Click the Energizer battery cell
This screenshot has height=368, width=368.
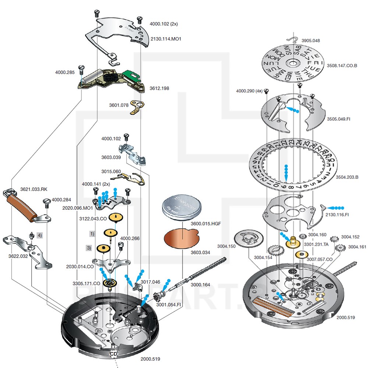point(182,209)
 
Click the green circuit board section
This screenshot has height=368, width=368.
point(130,76)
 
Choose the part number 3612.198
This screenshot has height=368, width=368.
point(159,88)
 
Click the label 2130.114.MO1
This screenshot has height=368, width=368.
point(166,38)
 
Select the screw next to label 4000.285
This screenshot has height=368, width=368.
point(82,69)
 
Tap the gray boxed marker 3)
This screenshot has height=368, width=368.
point(89,248)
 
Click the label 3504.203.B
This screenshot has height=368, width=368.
point(347,177)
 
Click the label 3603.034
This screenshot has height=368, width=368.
point(200,252)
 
